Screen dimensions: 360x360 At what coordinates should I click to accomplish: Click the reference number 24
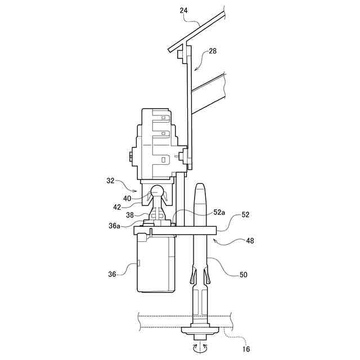click(x=184, y=11)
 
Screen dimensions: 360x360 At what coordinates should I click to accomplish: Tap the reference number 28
click(x=213, y=51)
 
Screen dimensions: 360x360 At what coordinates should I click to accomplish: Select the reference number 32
click(x=110, y=181)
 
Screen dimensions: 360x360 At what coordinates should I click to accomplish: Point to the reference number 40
click(x=127, y=199)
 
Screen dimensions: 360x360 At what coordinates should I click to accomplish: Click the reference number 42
click(x=117, y=207)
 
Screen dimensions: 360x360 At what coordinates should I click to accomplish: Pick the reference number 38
click(x=130, y=215)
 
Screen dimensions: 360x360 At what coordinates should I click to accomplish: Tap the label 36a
click(x=114, y=226)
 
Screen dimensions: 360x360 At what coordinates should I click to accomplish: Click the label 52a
click(x=219, y=213)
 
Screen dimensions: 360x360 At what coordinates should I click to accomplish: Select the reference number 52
click(x=245, y=215)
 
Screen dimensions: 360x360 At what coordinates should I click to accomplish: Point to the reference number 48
click(x=250, y=241)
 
